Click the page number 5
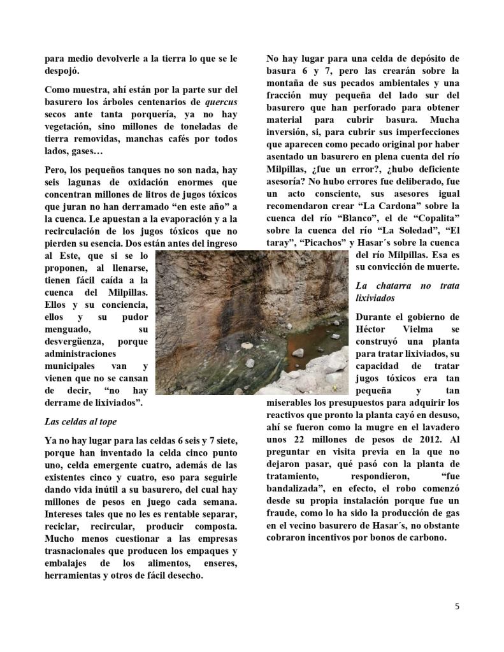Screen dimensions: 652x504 pos(457,606)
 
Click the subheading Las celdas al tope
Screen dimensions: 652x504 pos(80,421)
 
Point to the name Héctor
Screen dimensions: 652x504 pos(378,329)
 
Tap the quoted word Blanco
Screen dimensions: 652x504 pos(365,218)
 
